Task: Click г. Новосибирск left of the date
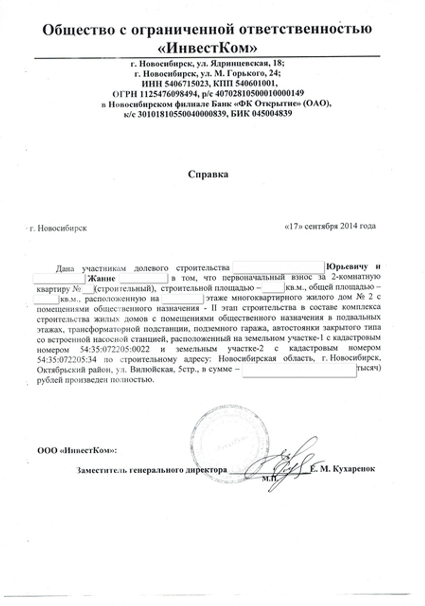pyautogui.click(x=58, y=229)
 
